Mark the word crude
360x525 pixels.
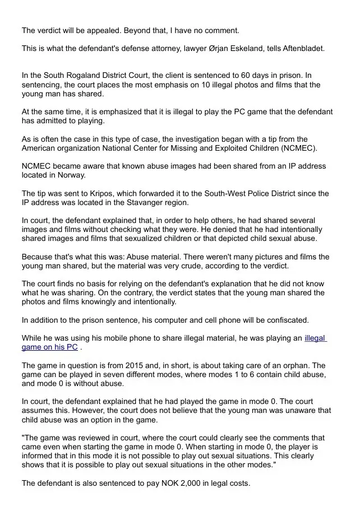(205, 266)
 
